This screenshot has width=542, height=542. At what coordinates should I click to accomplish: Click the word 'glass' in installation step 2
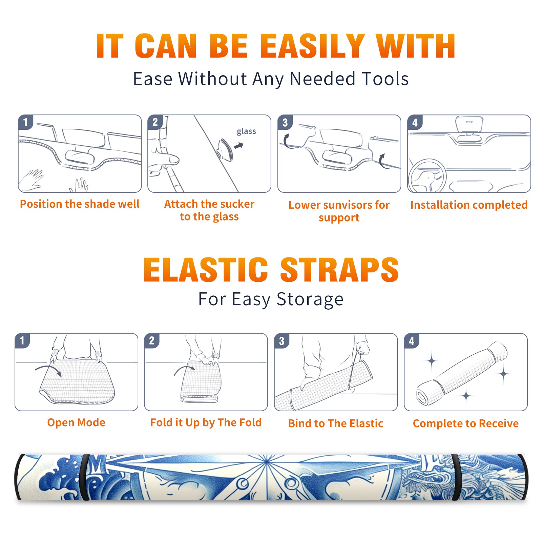246,131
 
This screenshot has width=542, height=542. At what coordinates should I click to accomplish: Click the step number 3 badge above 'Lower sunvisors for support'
285,122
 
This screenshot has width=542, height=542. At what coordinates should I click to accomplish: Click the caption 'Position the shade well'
80,204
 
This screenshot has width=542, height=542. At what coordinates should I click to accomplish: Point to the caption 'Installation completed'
469,205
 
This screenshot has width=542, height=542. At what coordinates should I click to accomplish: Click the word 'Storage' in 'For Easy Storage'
310,300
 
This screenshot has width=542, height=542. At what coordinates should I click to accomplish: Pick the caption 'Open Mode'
76,422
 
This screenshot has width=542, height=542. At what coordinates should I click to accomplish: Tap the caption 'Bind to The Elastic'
336,423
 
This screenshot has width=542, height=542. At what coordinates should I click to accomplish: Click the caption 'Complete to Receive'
466,423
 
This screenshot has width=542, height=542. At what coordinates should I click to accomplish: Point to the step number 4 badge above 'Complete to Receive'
412,341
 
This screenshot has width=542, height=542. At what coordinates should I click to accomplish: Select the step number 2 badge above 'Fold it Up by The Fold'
152,340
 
